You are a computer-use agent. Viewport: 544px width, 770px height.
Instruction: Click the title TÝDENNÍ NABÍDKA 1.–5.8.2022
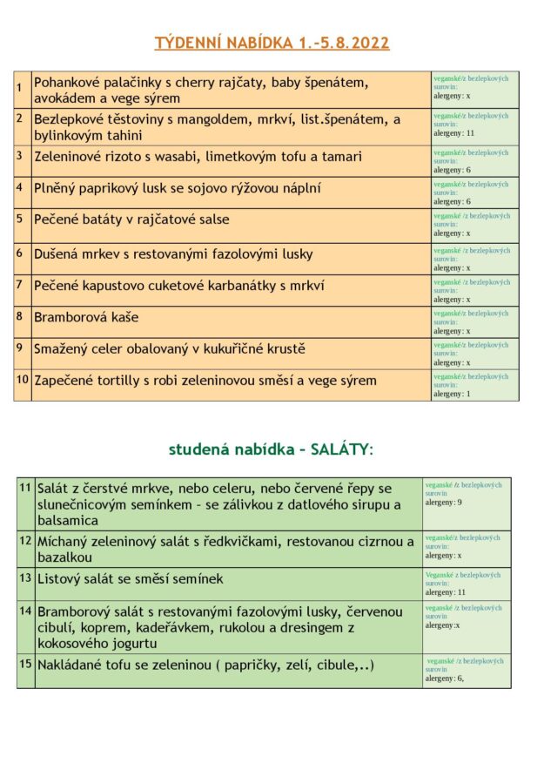pos(272,43)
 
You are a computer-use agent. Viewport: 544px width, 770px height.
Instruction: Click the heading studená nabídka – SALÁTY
pos(272,449)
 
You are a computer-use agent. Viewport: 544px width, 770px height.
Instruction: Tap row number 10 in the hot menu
pos(22,379)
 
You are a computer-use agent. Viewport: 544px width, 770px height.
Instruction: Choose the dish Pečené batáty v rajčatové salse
pos(131,220)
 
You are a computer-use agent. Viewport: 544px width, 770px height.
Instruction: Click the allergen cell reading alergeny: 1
pos(453,394)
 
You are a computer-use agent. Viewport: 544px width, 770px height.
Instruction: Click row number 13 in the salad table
pos(25,577)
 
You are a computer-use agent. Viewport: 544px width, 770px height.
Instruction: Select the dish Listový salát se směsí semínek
pos(131,578)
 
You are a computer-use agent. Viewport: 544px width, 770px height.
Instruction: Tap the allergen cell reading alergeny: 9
pos(444,503)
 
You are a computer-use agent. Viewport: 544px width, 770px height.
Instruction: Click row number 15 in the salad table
pos(25,664)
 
